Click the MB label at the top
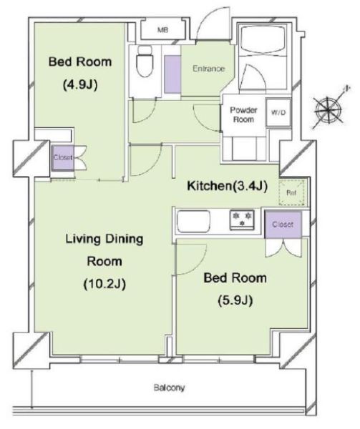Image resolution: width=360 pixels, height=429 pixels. [x=163, y=30]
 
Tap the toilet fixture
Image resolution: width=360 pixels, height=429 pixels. [x=145, y=61]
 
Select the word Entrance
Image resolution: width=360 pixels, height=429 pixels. [x=208, y=69]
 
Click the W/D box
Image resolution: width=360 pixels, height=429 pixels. [x=278, y=112]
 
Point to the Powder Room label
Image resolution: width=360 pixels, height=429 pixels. [x=243, y=114]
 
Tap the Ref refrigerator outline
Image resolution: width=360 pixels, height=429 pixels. [x=291, y=192]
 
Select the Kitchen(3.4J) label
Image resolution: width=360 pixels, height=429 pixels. [x=227, y=186]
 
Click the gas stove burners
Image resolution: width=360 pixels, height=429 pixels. [x=242, y=220]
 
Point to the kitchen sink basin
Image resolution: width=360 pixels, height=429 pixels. [x=193, y=221]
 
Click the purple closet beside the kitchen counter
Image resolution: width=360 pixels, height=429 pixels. [x=283, y=225]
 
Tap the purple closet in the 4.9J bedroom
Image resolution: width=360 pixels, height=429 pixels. [x=63, y=157]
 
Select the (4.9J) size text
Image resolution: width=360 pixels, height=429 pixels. [x=80, y=85]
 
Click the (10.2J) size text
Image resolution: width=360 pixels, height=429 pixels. [x=104, y=284]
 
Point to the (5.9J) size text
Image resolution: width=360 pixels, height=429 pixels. [x=235, y=301]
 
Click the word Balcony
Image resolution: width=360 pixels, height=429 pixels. [x=169, y=388]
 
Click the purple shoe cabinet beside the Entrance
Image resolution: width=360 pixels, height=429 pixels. [x=172, y=74]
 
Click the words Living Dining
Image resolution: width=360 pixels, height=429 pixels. [x=104, y=240]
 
